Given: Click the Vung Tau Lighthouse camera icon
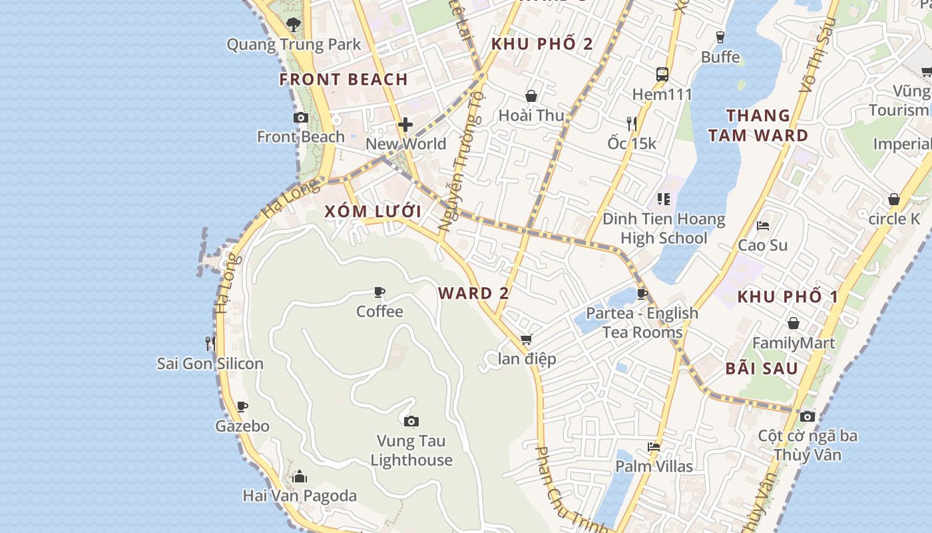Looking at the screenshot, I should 411,421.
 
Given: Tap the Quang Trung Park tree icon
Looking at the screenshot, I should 293,25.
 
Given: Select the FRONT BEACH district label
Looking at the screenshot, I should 344,79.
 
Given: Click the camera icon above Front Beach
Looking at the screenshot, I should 301,118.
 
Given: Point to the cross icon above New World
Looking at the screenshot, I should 405,125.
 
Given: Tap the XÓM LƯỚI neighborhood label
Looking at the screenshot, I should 373,212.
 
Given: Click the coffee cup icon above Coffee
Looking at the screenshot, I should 379,292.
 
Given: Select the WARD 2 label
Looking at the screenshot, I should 474,293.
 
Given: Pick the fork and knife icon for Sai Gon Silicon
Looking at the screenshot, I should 210,344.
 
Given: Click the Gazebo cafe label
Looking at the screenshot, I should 242,426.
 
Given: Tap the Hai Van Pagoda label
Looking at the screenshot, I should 300,496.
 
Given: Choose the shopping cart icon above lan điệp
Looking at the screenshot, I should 527,340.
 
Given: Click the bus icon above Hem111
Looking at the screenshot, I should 662,75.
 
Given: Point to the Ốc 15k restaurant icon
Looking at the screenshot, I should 632,123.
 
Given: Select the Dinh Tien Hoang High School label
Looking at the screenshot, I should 664,229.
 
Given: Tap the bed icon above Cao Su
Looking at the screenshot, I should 763,226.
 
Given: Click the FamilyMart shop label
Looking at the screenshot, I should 794,343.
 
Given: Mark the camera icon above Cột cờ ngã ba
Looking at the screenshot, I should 808,416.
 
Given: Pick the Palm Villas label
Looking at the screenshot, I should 654,466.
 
